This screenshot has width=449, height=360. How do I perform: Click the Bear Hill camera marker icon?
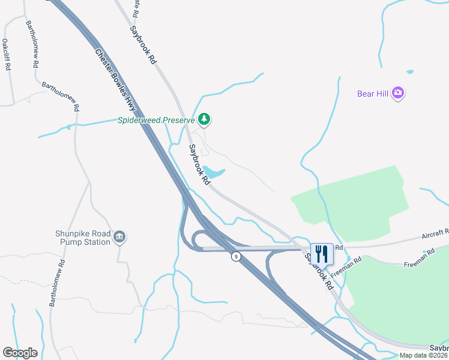398,93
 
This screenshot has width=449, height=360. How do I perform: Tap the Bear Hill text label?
373,94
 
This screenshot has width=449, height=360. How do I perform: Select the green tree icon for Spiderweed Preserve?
205,119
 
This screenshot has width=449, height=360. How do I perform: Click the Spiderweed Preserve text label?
156,120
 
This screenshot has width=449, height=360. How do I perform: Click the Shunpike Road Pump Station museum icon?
119,236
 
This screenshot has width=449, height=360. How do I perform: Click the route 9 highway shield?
237,257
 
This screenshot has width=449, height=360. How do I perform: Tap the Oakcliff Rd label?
7,55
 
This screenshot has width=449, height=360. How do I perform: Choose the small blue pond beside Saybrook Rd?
214,172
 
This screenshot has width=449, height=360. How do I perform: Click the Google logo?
20,353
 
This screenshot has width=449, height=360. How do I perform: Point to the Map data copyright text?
423,355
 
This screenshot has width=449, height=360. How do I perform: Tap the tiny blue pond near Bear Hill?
409,72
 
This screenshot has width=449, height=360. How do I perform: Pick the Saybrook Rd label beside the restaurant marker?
319,272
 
